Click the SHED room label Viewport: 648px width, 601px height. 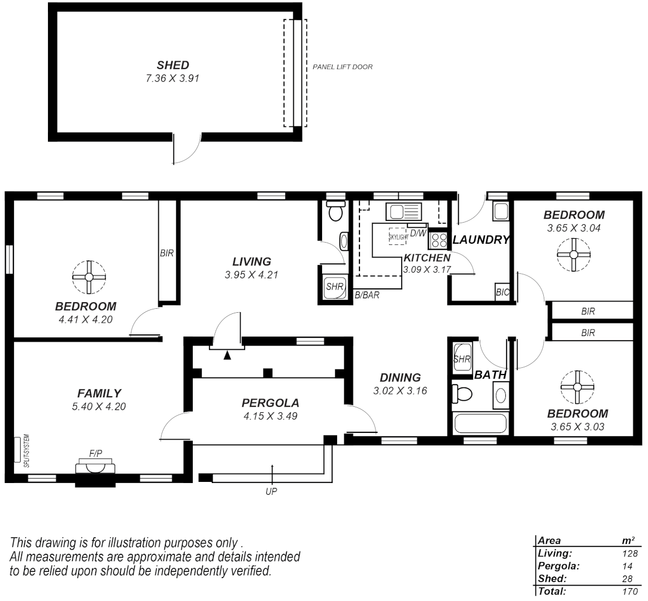[x=173, y=65]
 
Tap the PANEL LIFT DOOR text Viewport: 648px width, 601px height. [x=342, y=67]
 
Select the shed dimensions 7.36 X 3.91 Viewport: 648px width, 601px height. [x=172, y=78]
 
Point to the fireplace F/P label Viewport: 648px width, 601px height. [x=96, y=454]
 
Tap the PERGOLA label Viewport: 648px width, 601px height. [x=270, y=403]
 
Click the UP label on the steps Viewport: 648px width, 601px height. [x=271, y=491]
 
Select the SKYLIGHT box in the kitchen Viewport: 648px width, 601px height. [x=398, y=237]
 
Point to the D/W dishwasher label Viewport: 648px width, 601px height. [x=418, y=233]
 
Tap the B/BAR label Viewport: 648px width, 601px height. [x=367, y=295]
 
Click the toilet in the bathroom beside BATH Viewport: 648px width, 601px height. [x=462, y=394]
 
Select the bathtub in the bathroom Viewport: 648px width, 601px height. [x=480, y=423]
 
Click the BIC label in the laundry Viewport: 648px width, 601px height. [x=502, y=292]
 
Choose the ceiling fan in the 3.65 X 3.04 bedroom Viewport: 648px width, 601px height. [x=573, y=254]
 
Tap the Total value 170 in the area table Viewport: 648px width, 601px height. [x=630, y=591]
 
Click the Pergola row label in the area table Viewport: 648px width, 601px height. [x=558, y=566]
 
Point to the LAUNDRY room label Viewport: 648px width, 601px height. [x=481, y=240]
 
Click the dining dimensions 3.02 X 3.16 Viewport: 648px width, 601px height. [x=400, y=391]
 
